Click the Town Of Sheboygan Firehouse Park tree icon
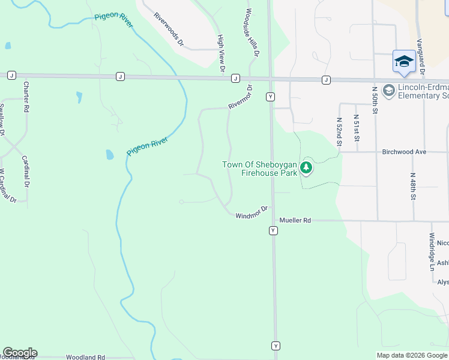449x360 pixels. [x=307, y=167]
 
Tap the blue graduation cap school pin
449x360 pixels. [x=404, y=62]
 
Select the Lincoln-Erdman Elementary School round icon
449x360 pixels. [x=388, y=91]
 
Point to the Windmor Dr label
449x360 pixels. [x=251, y=214]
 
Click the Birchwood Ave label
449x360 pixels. [x=404, y=152]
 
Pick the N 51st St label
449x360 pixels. [x=356, y=128]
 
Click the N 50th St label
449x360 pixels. [x=375, y=100]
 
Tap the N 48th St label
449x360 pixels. [x=413, y=187]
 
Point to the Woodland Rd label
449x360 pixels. [x=85, y=357]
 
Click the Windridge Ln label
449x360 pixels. [x=432, y=251]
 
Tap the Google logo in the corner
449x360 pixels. [x=20, y=353]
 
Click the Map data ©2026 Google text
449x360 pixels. [x=412, y=355]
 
